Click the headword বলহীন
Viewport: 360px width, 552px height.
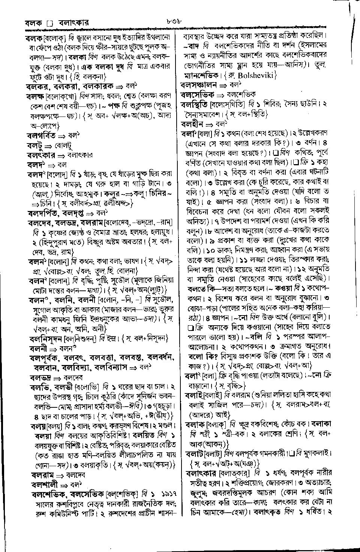pos(192,124)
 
